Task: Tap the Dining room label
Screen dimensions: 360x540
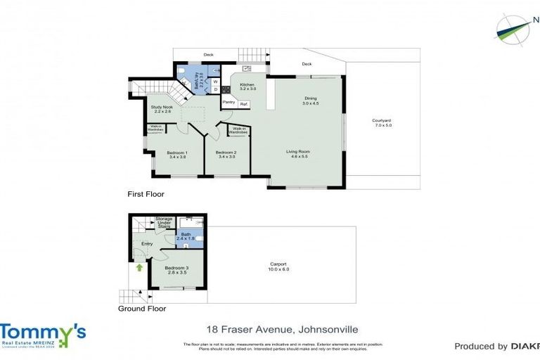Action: (311, 98)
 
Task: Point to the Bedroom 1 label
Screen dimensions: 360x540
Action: (176, 153)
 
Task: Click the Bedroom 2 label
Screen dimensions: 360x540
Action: (225, 153)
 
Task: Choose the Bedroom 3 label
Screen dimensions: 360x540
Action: (176, 268)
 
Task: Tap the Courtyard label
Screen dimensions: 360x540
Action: (381, 121)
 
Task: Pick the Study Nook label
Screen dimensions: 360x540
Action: (162, 108)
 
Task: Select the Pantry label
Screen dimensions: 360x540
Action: (229, 102)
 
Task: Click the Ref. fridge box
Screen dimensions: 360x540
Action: (243, 104)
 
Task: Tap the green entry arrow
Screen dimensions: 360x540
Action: (139, 267)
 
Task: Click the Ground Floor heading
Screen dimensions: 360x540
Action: (142, 308)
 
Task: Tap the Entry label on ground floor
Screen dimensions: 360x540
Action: (147, 244)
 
